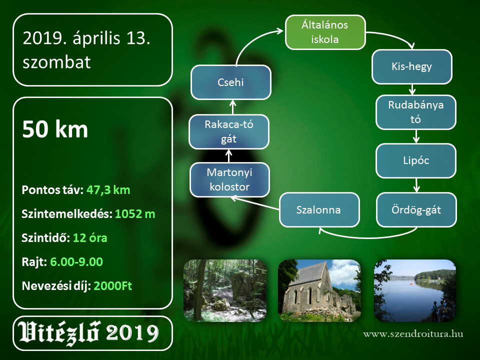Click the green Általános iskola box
click(x=325, y=32)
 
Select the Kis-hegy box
click(x=411, y=66)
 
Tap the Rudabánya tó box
click(x=415, y=112)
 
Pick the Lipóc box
click(x=415, y=160)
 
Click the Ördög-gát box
click(x=416, y=209)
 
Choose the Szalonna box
click(x=319, y=209)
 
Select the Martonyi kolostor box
click(x=229, y=179)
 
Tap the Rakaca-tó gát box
click(x=229, y=131)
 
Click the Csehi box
click(x=231, y=82)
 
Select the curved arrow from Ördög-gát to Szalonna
click(x=367, y=237)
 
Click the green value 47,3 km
click(x=108, y=190)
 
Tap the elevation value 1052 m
click(x=135, y=214)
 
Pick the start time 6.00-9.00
click(x=76, y=262)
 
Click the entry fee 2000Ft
click(x=112, y=286)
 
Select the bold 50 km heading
click(x=55, y=129)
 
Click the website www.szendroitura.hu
click(x=413, y=333)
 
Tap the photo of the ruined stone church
click(x=319, y=290)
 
